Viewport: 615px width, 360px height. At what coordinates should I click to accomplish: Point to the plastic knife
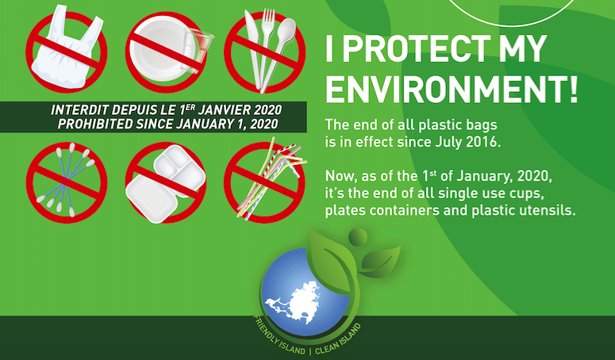pyautogui.click(x=253, y=47)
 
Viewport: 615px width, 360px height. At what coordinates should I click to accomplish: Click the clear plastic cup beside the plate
pyautogui.click(x=199, y=50)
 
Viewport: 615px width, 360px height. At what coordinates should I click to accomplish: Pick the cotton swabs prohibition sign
pyautogui.click(x=67, y=182)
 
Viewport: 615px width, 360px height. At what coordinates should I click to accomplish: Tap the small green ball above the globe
pyautogui.click(x=358, y=237)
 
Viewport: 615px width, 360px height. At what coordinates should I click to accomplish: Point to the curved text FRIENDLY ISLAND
pyautogui.click(x=279, y=337)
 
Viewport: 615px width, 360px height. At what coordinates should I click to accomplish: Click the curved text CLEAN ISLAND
pyautogui.click(x=338, y=340)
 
